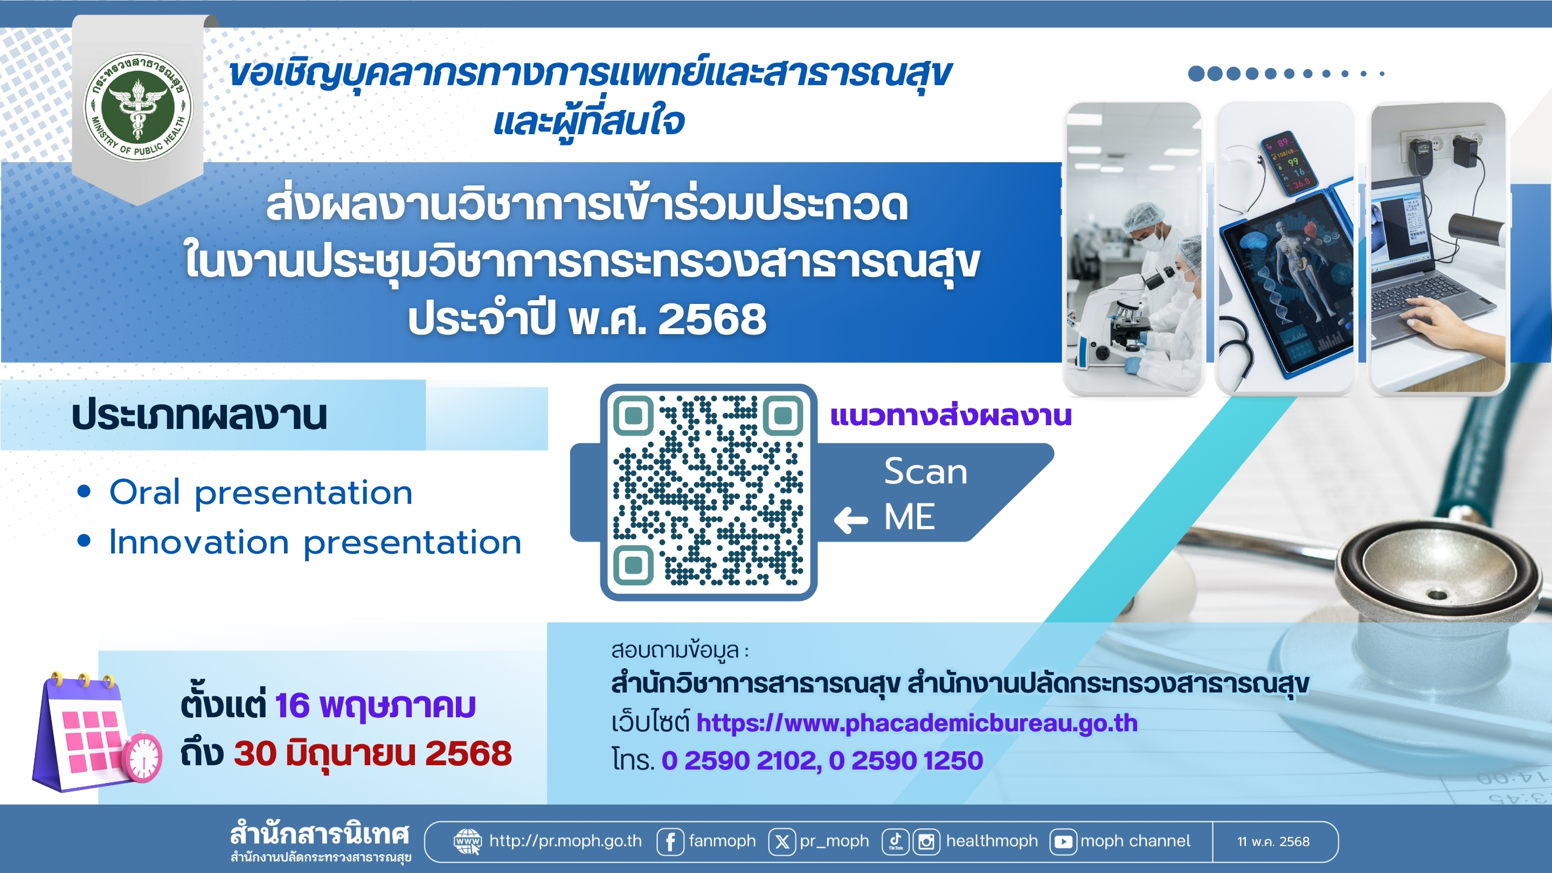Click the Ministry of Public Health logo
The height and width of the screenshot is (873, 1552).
click(x=138, y=106)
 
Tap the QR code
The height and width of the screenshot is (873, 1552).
click(x=709, y=491)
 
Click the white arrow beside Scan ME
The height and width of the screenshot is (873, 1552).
click(x=851, y=520)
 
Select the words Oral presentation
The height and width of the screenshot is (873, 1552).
click(x=261, y=494)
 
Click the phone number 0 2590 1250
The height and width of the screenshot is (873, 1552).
click(x=906, y=760)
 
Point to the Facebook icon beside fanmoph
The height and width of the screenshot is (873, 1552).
click(x=670, y=841)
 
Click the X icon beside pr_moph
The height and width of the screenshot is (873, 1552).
click(x=782, y=841)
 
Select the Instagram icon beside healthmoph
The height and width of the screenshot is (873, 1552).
click(x=927, y=841)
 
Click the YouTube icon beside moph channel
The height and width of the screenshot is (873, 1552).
click(x=1063, y=841)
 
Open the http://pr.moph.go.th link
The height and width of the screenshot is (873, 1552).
click(x=565, y=841)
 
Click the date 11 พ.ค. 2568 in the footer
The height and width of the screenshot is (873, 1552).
click(x=1273, y=842)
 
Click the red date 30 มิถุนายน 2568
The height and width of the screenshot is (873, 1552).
click(x=373, y=754)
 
